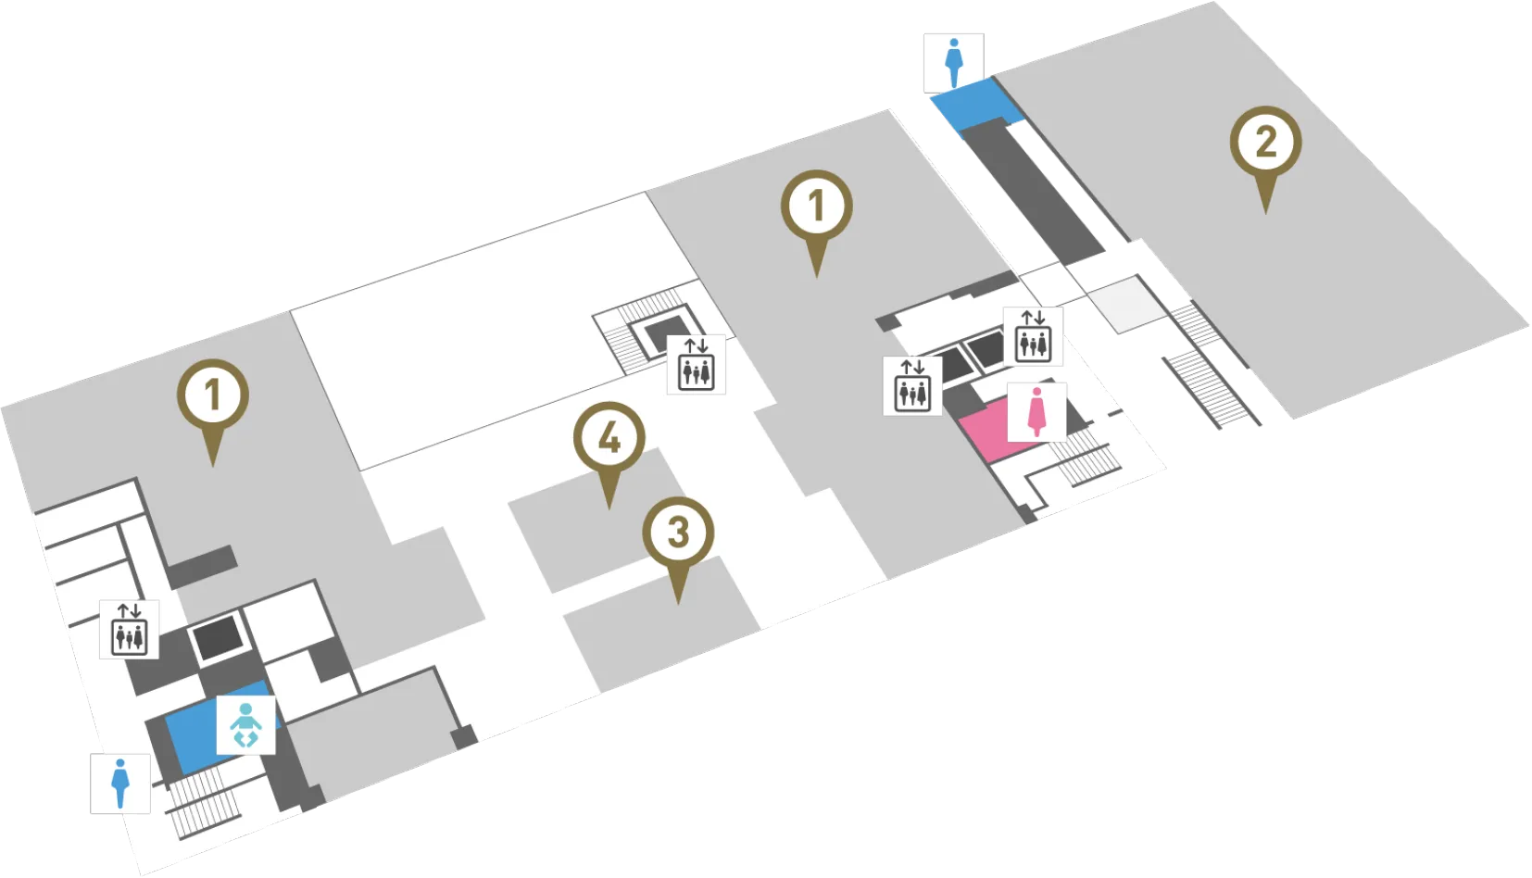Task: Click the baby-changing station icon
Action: (246, 725)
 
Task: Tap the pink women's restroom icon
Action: (1036, 412)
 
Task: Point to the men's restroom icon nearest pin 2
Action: (953, 63)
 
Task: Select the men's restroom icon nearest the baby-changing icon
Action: (120, 784)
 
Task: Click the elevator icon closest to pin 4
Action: (697, 365)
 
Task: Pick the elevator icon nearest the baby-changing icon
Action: (130, 630)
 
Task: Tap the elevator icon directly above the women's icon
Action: (1033, 336)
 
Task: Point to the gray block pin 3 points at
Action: (662, 626)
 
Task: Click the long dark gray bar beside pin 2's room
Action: (1033, 192)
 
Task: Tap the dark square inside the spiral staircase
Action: (668, 334)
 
